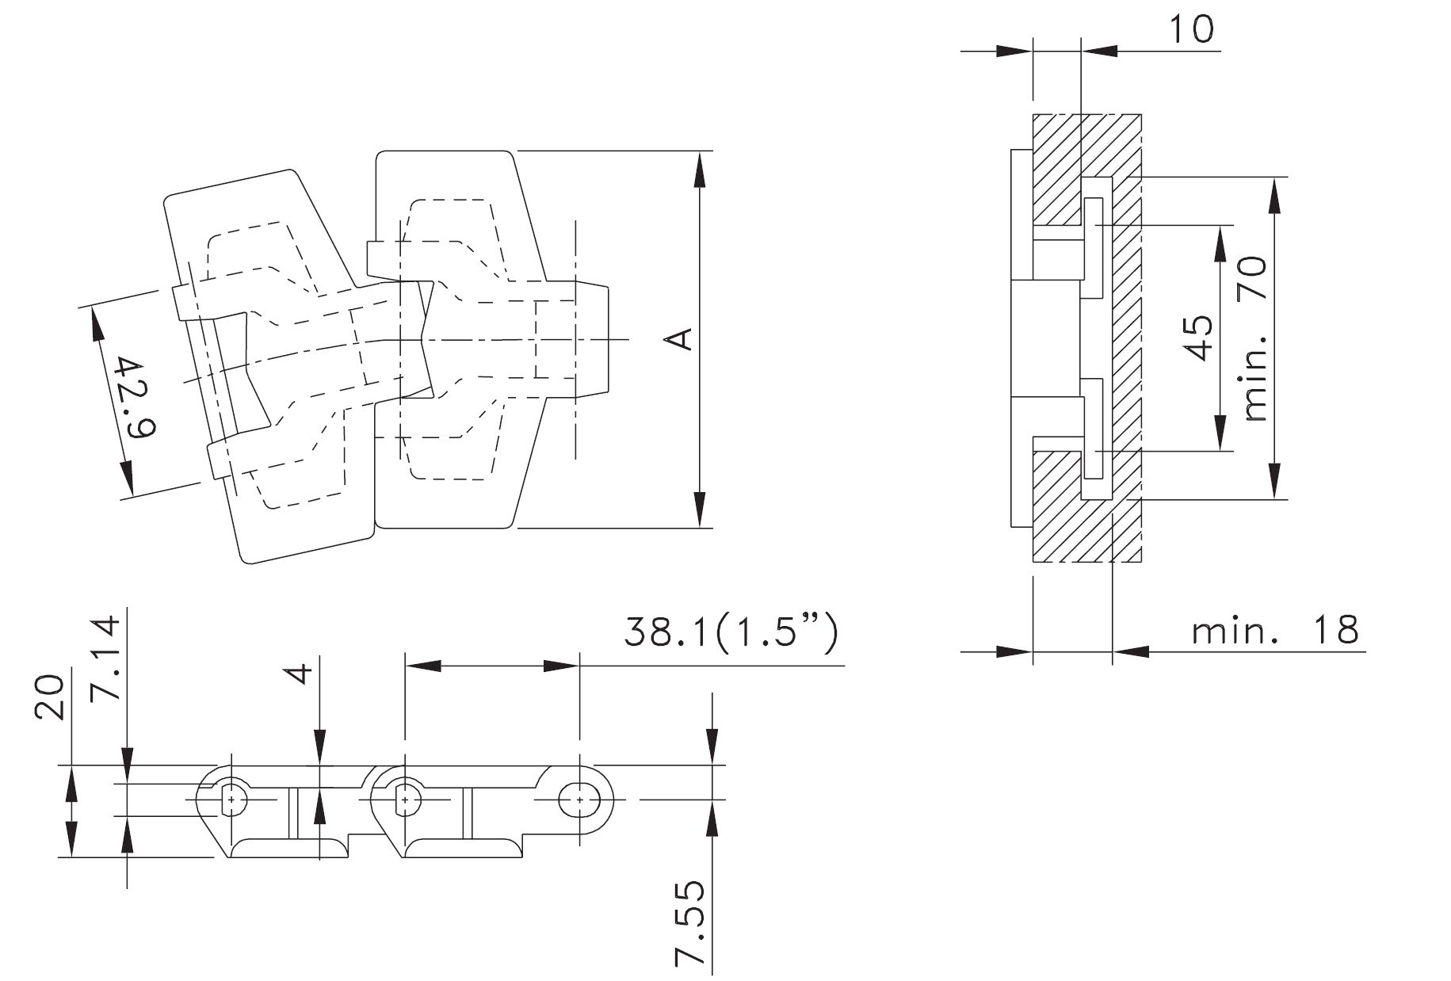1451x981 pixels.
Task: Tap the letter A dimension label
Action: coord(680,339)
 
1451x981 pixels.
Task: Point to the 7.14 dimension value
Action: coord(105,657)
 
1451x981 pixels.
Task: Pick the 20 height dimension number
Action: coord(50,697)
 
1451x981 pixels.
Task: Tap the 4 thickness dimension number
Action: coord(301,674)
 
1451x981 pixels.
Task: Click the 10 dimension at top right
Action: coord(1191,29)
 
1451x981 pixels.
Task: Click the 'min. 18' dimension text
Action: coord(1275,631)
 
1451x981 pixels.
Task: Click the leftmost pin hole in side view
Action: coord(231,800)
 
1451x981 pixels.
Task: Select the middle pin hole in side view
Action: coord(406,800)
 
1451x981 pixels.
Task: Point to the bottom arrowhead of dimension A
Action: coord(699,509)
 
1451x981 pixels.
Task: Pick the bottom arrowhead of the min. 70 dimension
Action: coord(1274,480)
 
